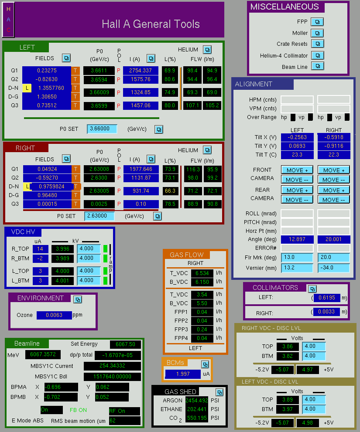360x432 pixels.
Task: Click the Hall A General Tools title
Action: coord(151,24)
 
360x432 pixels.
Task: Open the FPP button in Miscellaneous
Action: coord(317,22)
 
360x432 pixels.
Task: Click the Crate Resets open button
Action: coord(318,44)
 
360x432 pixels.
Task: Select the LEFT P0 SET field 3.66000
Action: coord(102,129)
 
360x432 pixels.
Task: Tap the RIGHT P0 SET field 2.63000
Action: coord(99,216)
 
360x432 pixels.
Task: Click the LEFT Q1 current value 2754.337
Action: coord(141,71)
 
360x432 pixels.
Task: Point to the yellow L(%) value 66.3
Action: coord(170,190)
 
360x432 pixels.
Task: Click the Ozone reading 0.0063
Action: coord(54,315)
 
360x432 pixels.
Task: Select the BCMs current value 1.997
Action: coord(183,374)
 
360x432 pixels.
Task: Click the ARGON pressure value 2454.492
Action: coord(197,400)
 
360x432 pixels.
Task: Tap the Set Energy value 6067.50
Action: coord(126,344)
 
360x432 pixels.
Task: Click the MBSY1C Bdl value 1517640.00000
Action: coord(112,377)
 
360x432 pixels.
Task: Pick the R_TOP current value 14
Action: coord(40,249)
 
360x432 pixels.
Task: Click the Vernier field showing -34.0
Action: coord(333,268)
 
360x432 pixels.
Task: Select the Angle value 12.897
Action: coord(297,239)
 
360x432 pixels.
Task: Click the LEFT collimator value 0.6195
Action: coord(327,298)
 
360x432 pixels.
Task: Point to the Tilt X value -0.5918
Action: coord(334,137)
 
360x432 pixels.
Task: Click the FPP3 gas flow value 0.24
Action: coord(202,329)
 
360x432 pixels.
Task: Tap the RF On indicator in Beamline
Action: coord(124,411)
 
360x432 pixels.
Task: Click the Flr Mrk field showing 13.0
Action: coord(297,257)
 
